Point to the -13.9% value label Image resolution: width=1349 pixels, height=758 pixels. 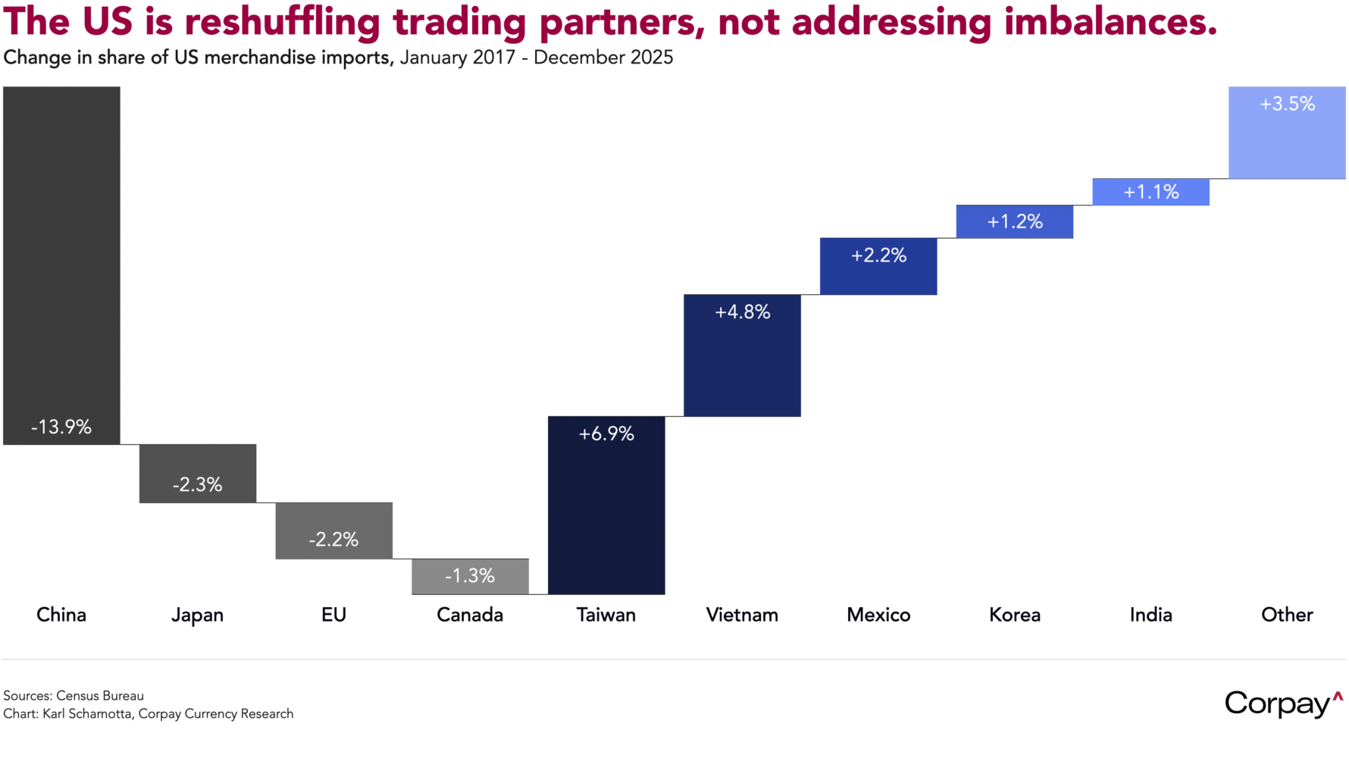[x=61, y=427]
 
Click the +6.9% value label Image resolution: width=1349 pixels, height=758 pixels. [x=606, y=434]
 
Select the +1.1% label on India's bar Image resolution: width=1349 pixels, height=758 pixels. [x=1151, y=192]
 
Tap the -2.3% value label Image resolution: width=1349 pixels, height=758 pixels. [x=198, y=484]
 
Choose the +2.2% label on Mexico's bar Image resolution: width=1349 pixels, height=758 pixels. [x=878, y=255]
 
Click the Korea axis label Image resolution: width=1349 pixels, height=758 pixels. [x=1015, y=615]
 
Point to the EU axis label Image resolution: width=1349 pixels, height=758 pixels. [x=333, y=615]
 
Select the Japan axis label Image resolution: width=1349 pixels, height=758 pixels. [x=198, y=615]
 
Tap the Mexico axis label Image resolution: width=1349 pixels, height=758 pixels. [x=878, y=615]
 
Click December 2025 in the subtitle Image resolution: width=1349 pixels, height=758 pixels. [x=603, y=58]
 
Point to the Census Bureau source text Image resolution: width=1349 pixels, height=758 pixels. [x=100, y=696]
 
